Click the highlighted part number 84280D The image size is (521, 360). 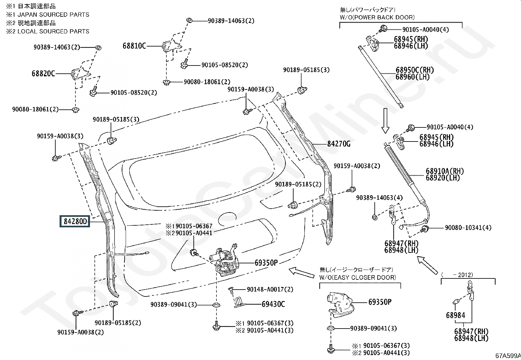click(x=75, y=221)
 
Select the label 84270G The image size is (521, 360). click(x=339, y=144)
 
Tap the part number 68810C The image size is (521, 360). click(x=134, y=46)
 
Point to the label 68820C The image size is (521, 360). click(x=43, y=74)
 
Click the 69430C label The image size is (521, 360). click(x=273, y=304)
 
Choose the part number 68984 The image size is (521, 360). click(x=456, y=315)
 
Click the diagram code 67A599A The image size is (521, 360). click(x=508, y=356)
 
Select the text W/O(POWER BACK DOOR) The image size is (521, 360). click(x=377, y=17)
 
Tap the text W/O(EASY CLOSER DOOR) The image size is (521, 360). click(x=357, y=277)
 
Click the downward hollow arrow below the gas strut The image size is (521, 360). click(x=386, y=121)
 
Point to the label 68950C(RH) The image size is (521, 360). click(x=415, y=70)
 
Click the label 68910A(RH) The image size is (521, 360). click(x=445, y=171)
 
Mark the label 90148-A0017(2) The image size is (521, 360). click(x=270, y=290)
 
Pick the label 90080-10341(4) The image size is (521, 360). click(x=468, y=228)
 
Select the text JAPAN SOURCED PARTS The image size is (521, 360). click(x=53, y=15)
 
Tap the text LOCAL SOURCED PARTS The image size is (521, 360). click(x=53, y=31)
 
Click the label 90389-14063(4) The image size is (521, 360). click(x=379, y=198)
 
